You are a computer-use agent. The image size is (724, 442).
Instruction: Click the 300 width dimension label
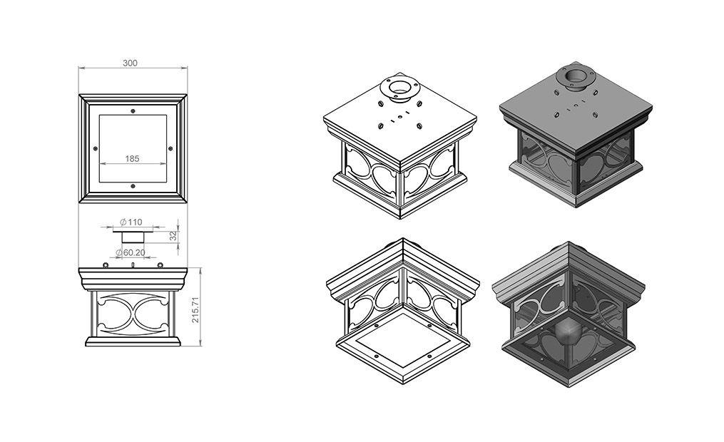click(130, 63)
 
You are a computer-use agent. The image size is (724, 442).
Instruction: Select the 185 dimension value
click(132, 158)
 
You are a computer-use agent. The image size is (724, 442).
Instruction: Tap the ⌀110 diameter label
click(131, 222)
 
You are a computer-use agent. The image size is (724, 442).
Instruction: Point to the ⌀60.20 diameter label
click(131, 252)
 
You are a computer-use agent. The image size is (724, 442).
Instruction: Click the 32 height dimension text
click(173, 236)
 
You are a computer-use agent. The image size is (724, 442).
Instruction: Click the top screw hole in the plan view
click(133, 110)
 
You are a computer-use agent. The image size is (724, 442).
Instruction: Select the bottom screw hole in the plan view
click(133, 186)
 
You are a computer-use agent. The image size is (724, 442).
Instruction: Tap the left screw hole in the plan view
click(95, 148)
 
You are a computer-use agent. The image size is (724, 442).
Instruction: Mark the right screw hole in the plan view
click(170, 148)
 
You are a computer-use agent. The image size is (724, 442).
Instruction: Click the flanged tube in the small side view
click(133, 235)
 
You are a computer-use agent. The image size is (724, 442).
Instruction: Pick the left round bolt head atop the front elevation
click(106, 264)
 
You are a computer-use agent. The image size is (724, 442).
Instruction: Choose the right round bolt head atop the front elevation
click(160, 264)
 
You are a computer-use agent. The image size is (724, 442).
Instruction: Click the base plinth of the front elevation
click(133, 342)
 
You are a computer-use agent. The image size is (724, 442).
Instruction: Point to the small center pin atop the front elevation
click(133, 264)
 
